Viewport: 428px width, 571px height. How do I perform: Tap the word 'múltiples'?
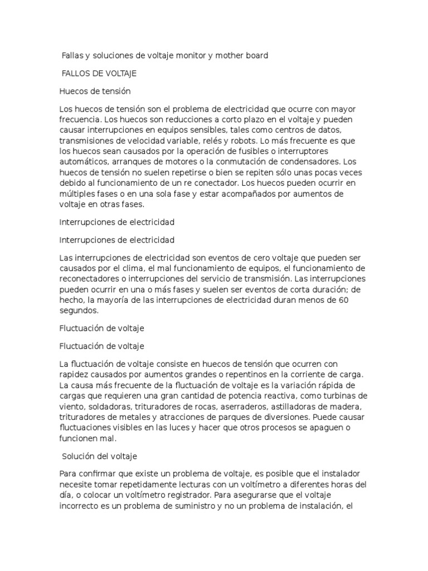[77, 193]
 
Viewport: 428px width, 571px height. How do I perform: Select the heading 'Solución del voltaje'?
[99, 457]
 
